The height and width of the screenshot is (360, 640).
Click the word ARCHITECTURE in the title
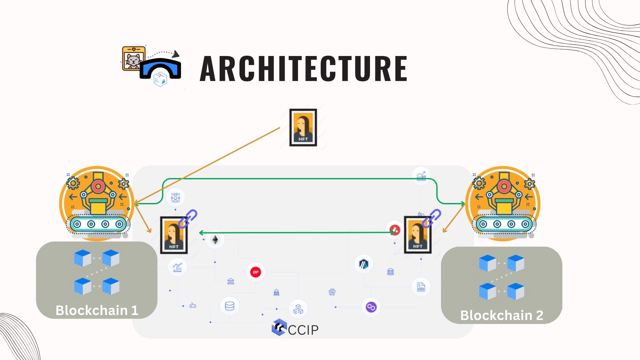(x=303, y=68)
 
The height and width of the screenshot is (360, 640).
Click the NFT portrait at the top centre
(x=303, y=127)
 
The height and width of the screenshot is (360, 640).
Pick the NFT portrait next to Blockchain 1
(x=174, y=235)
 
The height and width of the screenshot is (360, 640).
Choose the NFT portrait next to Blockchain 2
(x=418, y=235)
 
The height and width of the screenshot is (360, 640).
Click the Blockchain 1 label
(x=97, y=310)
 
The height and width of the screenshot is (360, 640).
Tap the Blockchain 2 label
(x=502, y=315)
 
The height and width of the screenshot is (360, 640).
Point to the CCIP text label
(x=303, y=330)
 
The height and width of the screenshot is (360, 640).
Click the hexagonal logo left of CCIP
(x=279, y=327)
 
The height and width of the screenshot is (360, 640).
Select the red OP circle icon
(x=256, y=272)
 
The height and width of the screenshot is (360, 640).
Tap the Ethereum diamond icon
(x=215, y=240)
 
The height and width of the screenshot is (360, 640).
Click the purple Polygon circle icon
(x=371, y=307)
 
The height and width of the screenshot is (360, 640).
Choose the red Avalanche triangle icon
(x=395, y=230)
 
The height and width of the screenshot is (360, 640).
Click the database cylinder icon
(x=230, y=306)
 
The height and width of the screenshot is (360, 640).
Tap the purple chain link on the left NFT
(x=188, y=219)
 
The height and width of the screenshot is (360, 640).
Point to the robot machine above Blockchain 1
(x=97, y=203)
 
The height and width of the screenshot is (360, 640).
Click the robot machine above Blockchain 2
(x=503, y=203)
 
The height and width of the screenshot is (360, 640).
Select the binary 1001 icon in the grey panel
(x=175, y=197)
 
